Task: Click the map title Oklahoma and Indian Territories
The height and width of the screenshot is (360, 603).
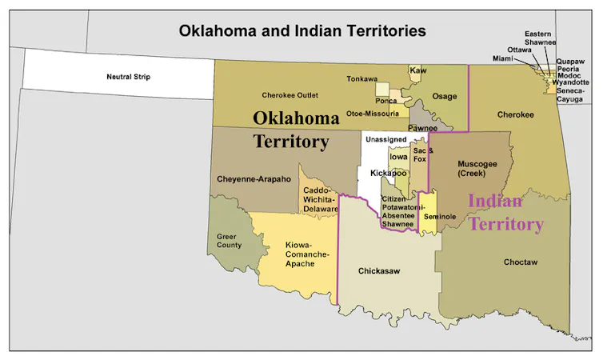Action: click(x=302, y=31)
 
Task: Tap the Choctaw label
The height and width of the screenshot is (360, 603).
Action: click(x=521, y=262)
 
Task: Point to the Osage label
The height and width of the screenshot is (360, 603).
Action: click(x=445, y=96)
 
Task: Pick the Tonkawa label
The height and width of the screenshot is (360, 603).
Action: click(x=362, y=78)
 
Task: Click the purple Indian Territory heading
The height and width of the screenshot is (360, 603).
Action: click(x=505, y=212)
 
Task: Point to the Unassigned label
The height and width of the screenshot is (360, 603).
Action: click(x=386, y=140)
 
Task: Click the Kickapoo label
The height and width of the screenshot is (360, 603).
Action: click(x=389, y=173)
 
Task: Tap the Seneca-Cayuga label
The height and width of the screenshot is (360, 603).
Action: click(x=575, y=95)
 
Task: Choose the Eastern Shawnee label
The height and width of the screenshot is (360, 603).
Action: click(x=541, y=38)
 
